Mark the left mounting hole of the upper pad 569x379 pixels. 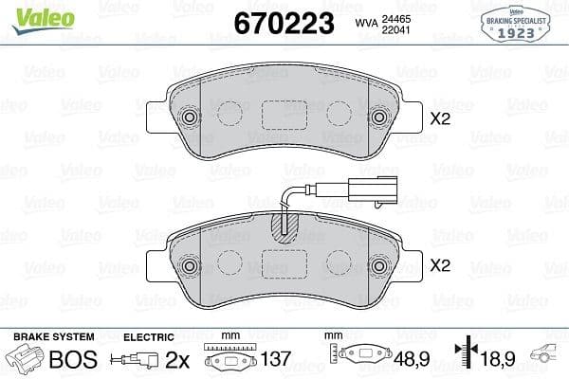coord(189,117)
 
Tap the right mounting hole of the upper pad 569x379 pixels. coord(381,117)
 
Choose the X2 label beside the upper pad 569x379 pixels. coord(440,119)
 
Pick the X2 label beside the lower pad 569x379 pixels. coord(440,267)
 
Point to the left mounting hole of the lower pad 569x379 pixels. coord(189,265)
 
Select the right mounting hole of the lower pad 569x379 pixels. coord(381,265)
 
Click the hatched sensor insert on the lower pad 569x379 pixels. coord(284,226)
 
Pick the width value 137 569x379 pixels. coord(276,360)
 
